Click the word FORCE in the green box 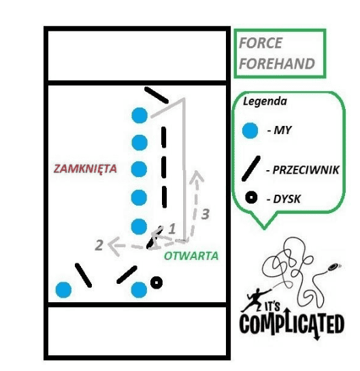[261, 43]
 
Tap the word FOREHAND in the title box [277, 63]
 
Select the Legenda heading [265, 101]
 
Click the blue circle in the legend [250, 131]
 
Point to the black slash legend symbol [251, 168]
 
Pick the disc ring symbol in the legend [251, 197]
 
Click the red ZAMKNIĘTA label [85, 169]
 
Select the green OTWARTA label [191, 256]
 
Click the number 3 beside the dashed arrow [206, 214]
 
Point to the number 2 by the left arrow [99, 245]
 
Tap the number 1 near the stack [172, 229]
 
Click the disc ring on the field [157, 283]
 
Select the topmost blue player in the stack [140, 115]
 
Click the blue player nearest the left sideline [63, 290]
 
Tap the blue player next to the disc [139, 290]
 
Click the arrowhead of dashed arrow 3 [197, 175]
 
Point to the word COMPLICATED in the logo [292, 323]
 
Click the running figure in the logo [255, 299]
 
